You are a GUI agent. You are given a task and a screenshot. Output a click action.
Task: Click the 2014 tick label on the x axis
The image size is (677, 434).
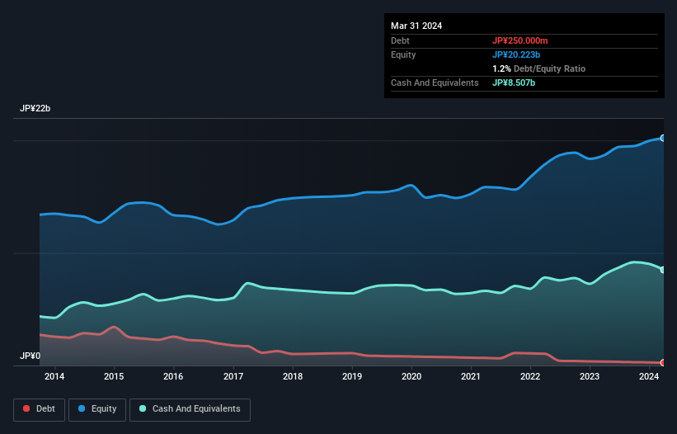pos(54,376)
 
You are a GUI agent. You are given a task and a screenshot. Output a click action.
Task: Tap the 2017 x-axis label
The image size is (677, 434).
pos(233,376)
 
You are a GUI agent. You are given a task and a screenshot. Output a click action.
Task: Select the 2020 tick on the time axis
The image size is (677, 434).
pos(411,376)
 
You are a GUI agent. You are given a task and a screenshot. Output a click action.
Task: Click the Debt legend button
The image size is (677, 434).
pos(38,408)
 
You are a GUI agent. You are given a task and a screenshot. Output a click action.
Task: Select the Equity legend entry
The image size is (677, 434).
pos(96,408)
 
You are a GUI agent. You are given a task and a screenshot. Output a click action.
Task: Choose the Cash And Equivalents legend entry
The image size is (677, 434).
pos(190,408)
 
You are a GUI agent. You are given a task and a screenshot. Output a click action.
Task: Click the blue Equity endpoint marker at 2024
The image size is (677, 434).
pos(662,138)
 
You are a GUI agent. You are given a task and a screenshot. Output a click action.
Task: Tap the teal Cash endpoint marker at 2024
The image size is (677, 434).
pos(662,270)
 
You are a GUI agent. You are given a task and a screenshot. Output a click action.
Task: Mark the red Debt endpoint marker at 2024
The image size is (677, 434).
pos(662,362)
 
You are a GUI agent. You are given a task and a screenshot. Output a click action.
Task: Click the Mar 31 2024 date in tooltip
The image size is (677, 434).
pos(416,26)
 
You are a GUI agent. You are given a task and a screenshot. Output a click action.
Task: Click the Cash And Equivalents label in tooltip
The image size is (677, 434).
pos(435,83)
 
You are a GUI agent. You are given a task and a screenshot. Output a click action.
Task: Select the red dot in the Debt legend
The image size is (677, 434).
pos(27,408)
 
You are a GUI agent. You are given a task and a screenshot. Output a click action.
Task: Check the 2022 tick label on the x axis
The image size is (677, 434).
pos(530,376)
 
